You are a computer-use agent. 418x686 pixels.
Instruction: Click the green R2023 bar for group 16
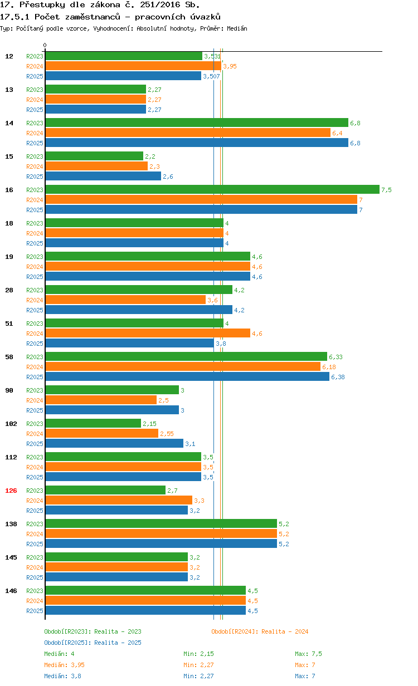[x=212, y=189]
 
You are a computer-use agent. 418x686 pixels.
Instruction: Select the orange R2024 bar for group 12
[x=133, y=66]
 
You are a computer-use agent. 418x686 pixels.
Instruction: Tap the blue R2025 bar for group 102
[x=114, y=443]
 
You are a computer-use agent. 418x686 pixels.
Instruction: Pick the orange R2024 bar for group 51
[x=148, y=333]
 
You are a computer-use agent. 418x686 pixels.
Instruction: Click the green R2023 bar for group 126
[x=105, y=490]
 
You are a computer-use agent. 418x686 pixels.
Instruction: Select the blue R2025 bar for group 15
[x=103, y=176]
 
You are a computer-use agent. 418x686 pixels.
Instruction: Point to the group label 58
[x=9, y=357]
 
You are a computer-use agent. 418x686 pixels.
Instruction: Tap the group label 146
[x=11, y=591]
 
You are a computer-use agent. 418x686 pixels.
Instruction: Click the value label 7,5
[x=386, y=190]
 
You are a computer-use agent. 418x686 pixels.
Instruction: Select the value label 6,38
[x=338, y=377]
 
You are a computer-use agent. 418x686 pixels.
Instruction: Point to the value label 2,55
[x=167, y=434]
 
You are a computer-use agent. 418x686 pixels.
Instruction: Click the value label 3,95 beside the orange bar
[x=230, y=66]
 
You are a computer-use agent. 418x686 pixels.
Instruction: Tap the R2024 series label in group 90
[x=35, y=400]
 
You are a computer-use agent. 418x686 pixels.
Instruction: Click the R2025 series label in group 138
[x=35, y=544]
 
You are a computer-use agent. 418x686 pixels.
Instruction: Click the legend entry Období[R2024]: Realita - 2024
[x=260, y=631]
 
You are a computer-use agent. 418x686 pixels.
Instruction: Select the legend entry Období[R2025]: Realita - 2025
[x=93, y=643]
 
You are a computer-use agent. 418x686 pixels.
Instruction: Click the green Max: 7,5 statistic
[x=308, y=654]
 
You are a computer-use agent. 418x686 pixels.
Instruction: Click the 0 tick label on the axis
[x=45, y=45]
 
